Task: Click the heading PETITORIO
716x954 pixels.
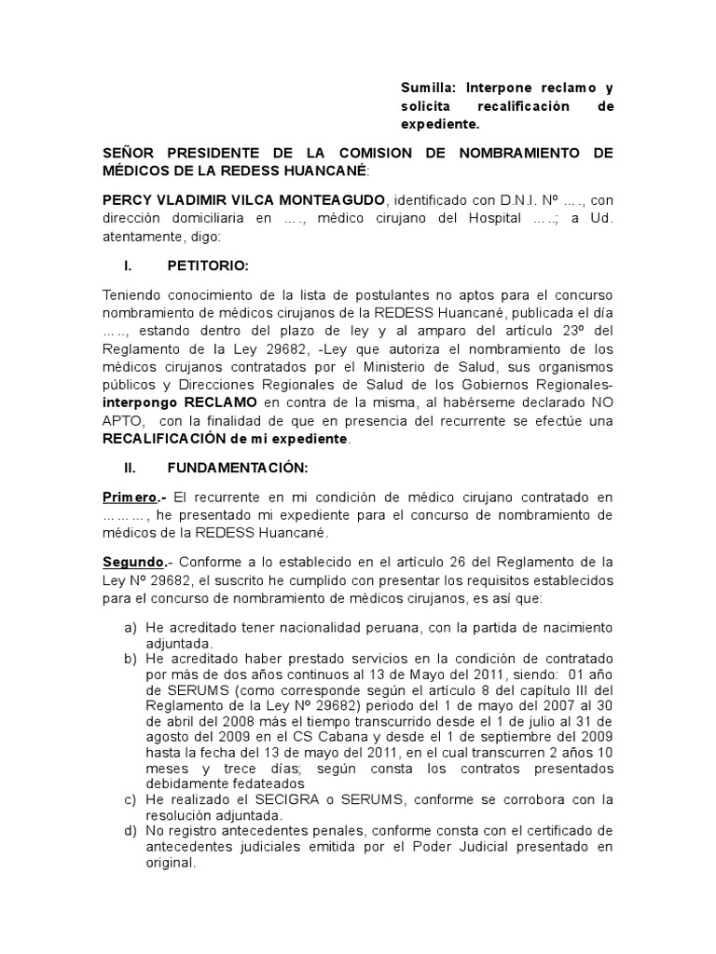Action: [207, 266]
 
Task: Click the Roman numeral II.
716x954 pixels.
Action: [131, 466]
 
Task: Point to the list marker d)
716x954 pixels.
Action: [131, 831]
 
